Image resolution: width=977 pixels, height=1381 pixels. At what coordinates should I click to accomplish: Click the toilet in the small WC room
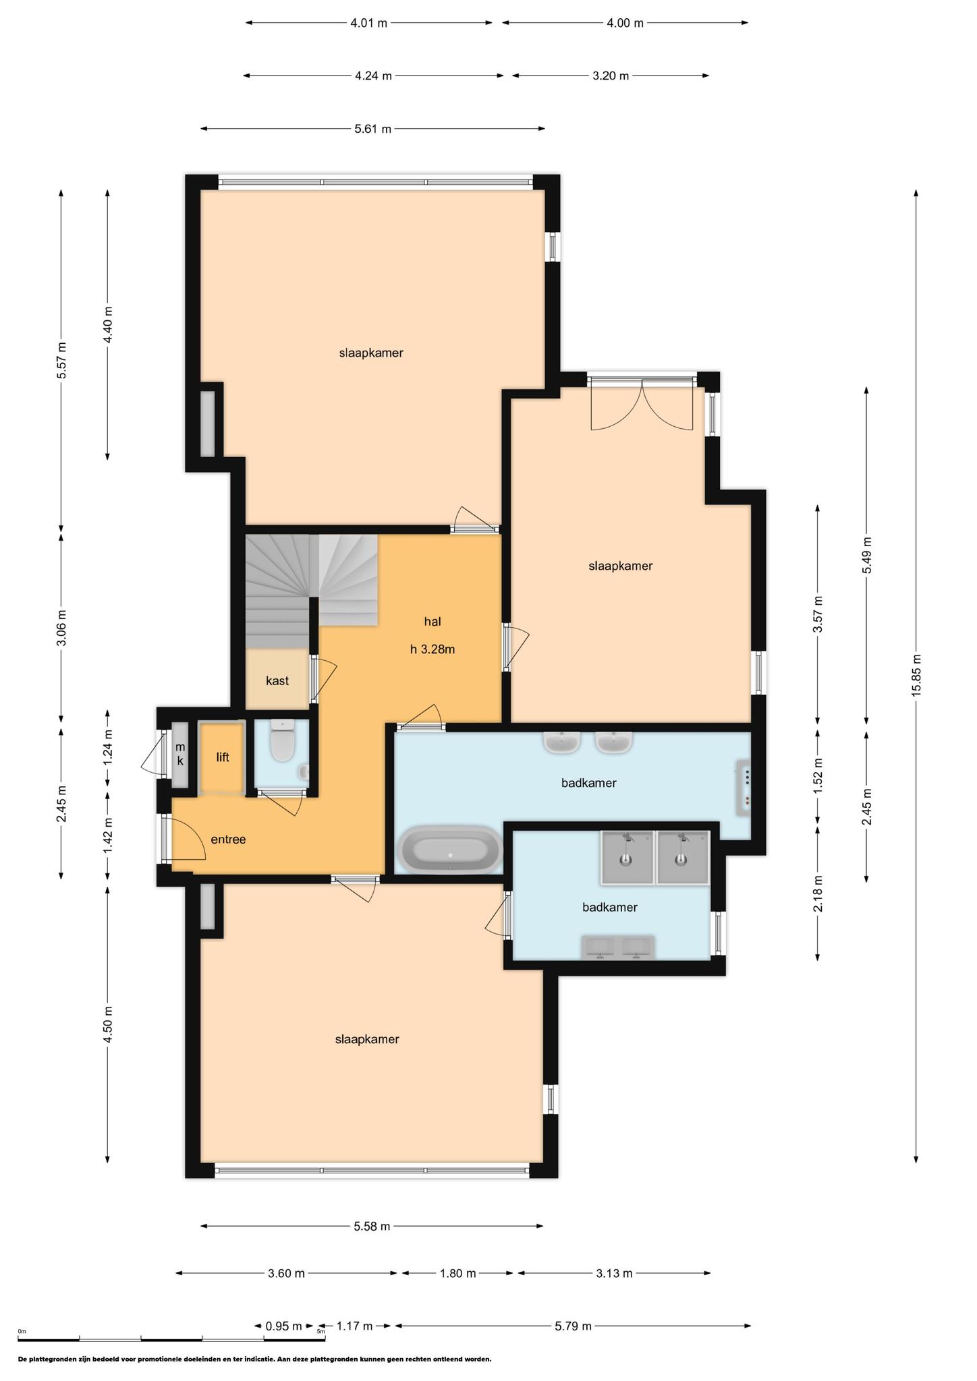click(x=281, y=741)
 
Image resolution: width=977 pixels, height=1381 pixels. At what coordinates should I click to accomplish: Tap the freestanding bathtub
click(x=451, y=848)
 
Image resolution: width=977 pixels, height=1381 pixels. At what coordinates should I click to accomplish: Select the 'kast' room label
click(x=277, y=681)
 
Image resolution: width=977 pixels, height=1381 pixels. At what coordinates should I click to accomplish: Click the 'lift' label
click(x=223, y=757)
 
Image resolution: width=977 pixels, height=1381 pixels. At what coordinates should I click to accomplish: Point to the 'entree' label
click(x=228, y=840)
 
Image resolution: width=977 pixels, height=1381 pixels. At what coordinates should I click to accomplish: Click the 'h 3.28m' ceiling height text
click(x=432, y=649)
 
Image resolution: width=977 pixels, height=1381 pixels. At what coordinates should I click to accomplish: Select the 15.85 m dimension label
click(x=916, y=676)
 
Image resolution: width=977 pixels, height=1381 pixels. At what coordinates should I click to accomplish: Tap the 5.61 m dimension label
click(x=373, y=129)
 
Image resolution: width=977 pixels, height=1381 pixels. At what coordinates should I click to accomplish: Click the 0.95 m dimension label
click(x=284, y=1326)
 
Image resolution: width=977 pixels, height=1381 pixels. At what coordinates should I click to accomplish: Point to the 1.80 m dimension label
click(x=458, y=1273)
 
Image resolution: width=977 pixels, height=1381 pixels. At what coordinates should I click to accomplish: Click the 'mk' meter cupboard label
click(x=180, y=754)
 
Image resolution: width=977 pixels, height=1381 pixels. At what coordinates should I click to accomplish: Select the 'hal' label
click(x=432, y=621)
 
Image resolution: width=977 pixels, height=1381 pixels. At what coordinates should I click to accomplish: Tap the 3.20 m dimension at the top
click(x=611, y=76)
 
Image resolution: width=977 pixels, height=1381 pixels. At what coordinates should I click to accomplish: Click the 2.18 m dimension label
click(x=818, y=894)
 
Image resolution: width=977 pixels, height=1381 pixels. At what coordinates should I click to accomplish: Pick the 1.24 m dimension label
click(x=107, y=748)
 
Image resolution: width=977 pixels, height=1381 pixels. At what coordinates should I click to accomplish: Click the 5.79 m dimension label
click(x=573, y=1326)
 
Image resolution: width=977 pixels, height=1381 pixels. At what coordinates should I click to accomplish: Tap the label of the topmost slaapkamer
click(x=371, y=353)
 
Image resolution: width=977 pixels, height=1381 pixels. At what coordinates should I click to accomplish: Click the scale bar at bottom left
click(x=171, y=1338)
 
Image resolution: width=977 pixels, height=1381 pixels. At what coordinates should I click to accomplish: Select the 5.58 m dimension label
click(x=372, y=1226)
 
